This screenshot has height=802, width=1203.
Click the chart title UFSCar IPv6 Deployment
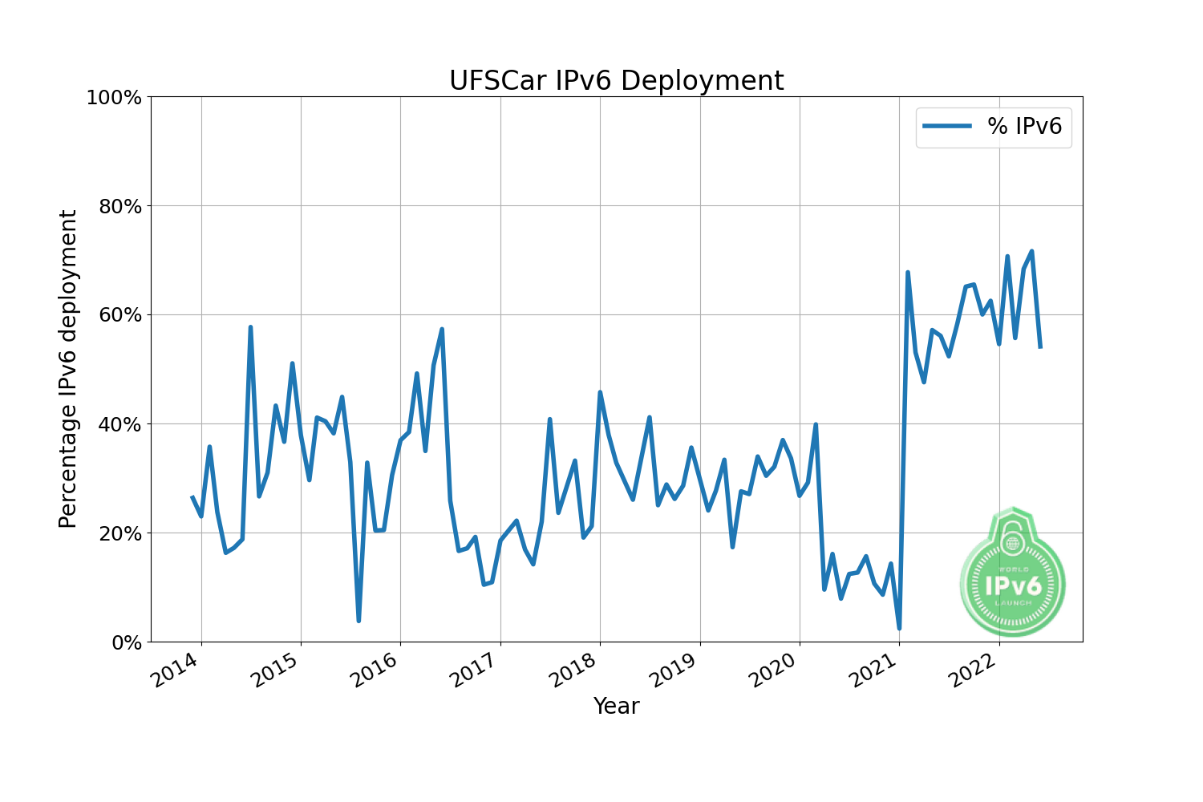pos(616,81)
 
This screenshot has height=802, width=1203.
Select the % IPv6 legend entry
pos(994,127)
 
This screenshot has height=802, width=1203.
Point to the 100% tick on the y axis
pos(114,98)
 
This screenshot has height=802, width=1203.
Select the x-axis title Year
pos(616,707)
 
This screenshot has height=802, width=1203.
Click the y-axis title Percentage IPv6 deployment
pos(69,369)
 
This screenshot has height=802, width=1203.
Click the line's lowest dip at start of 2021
pos(899,628)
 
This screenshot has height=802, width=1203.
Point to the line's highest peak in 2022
pos(1031,251)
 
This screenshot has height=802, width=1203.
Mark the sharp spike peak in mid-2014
pos(250,327)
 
